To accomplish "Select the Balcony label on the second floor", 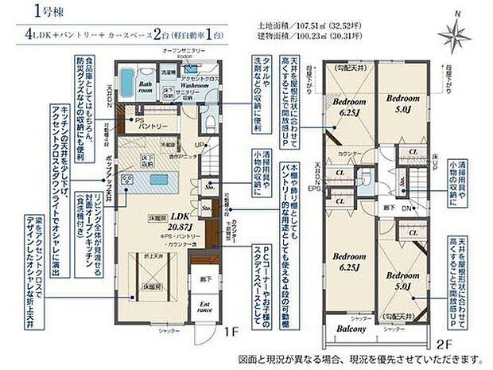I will coord(349,329).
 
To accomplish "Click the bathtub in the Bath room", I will coord(130,80).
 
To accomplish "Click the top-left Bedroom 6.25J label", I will coord(348,109).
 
